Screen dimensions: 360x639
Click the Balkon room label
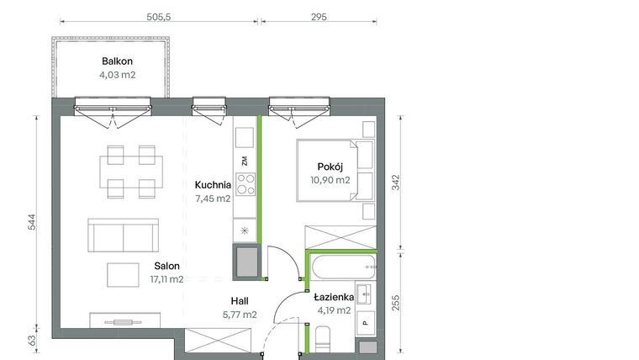click(x=117, y=61)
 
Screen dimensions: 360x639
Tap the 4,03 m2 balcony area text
click(x=117, y=75)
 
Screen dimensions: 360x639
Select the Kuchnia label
click(x=213, y=185)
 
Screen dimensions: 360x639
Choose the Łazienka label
click(x=334, y=298)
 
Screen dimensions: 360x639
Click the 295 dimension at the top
click(x=319, y=16)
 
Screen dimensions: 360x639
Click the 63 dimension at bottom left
click(x=31, y=341)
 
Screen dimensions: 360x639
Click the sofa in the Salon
click(x=124, y=235)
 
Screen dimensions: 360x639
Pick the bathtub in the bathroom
click(x=340, y=271)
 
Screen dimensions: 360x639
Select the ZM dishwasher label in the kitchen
click(x=245, y=160)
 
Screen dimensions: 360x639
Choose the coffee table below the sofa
click(x=124, y=275)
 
